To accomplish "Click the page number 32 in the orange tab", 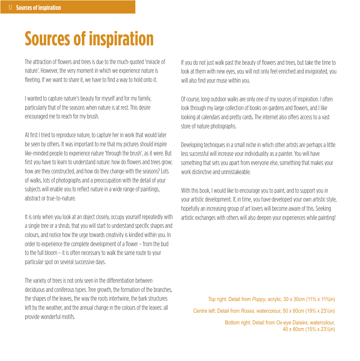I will click(x=10, y=8).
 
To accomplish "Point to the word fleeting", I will click(x=33, y=80).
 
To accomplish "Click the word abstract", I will click(x=33, y=199).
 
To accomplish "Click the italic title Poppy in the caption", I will click(x=258, y=300).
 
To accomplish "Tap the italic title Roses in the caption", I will click(x=247, y=312).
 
